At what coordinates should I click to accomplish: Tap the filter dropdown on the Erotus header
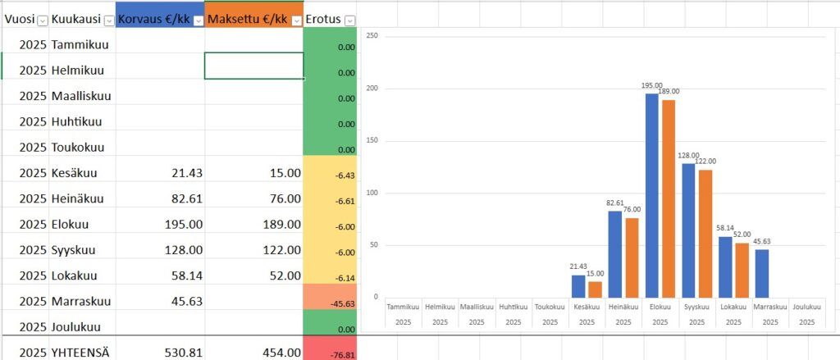350,21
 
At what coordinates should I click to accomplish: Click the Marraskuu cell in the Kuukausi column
81,301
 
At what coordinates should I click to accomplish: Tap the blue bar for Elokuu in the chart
652,195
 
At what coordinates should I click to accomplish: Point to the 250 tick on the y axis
372,35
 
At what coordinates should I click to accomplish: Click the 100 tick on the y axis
372,193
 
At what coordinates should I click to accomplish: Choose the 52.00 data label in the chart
743,234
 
